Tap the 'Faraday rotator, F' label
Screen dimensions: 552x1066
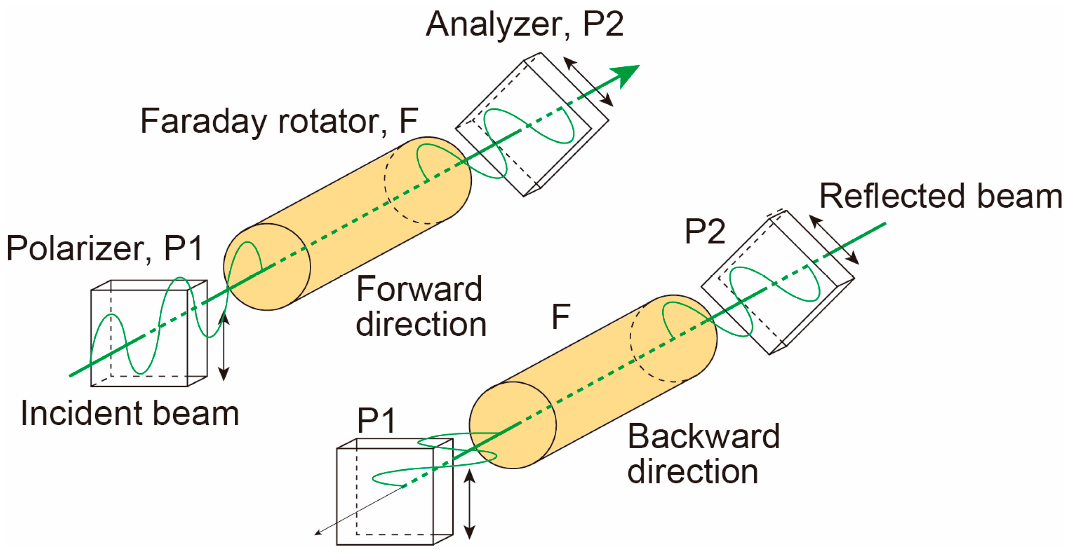point(279,121)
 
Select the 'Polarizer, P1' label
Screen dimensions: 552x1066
point(104,248)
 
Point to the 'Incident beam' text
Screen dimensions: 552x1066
point(130,413)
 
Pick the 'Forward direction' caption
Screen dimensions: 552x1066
point(420,306)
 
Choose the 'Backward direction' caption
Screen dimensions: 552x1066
point(703,454)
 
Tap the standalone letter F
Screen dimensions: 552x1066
point(561,316)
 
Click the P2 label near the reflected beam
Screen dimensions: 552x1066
point(705,231)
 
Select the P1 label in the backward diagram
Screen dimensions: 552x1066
point(376,420)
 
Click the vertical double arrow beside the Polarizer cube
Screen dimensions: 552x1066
point(223,346)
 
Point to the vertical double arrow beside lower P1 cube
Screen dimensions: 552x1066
point(470,504)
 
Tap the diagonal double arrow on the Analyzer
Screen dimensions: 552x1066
point(588,81)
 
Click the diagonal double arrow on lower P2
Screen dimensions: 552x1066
point(833,240)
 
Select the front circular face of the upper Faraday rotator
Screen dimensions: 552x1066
point(267,267)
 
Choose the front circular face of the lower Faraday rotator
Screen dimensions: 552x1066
point(513,425)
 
